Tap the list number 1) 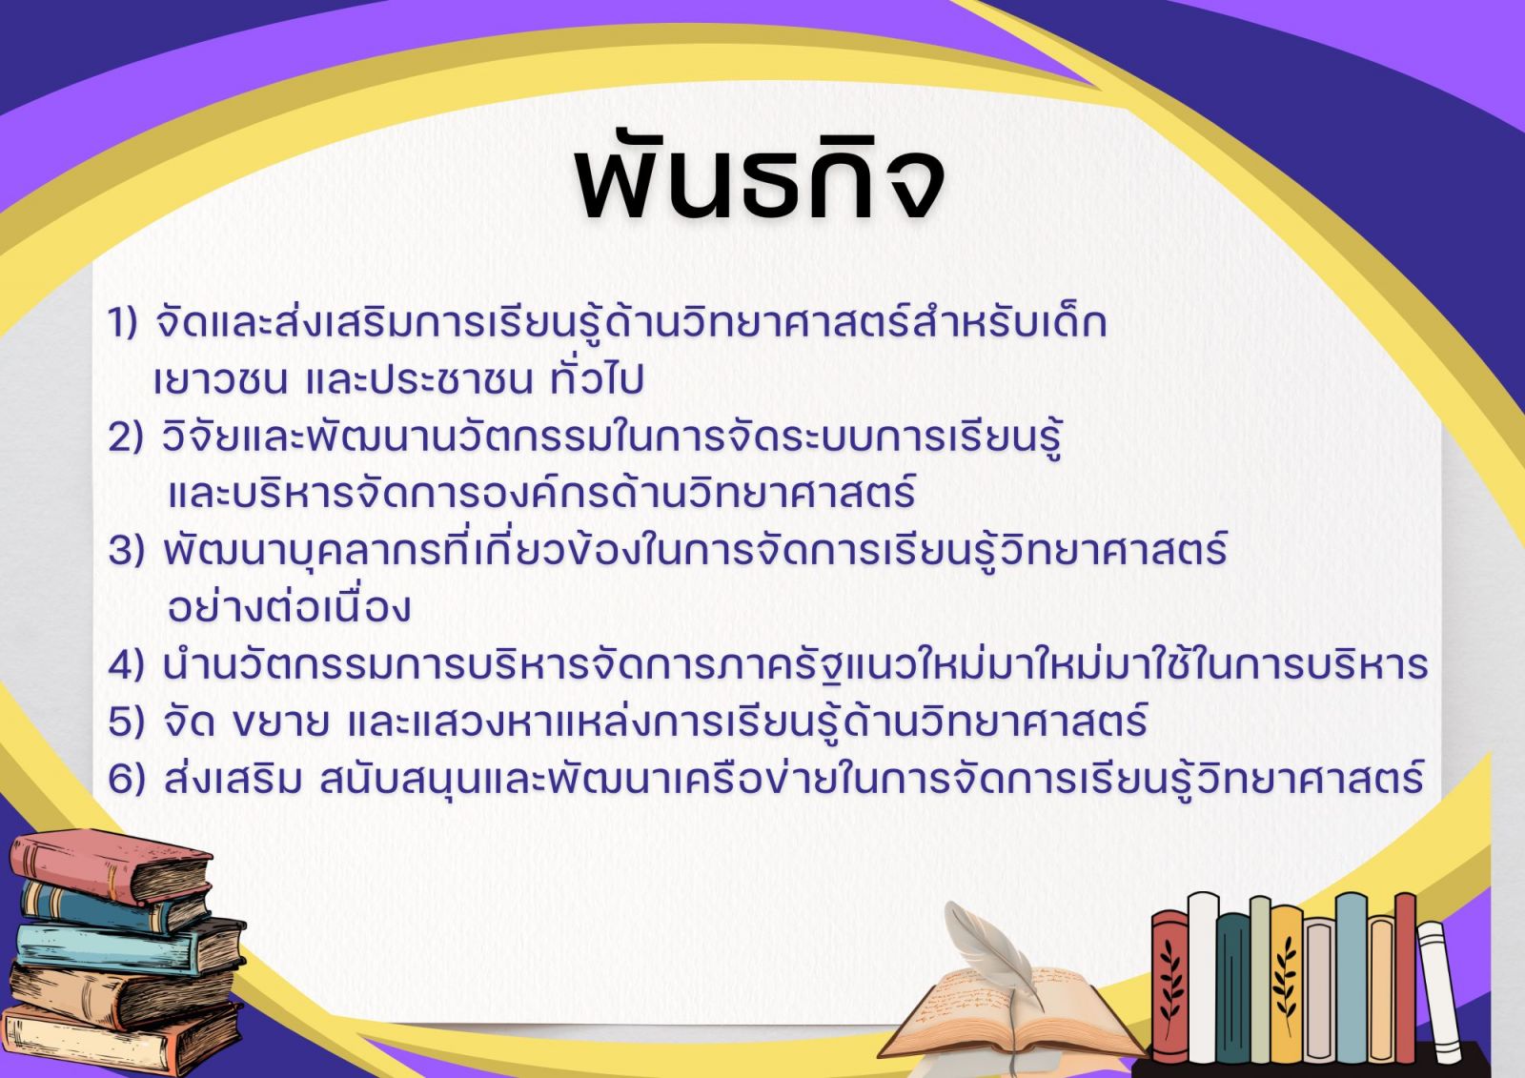[123, 323]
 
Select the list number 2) [126, 437]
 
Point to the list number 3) [127, 550]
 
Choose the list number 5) [127, 722]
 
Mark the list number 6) [127, 779]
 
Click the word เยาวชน [220, 381]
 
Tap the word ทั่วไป [597, 378]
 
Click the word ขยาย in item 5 [280, 723]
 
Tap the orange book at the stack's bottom [120, 1041]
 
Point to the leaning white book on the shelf [1440, 992]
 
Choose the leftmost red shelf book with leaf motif [1169, 987]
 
